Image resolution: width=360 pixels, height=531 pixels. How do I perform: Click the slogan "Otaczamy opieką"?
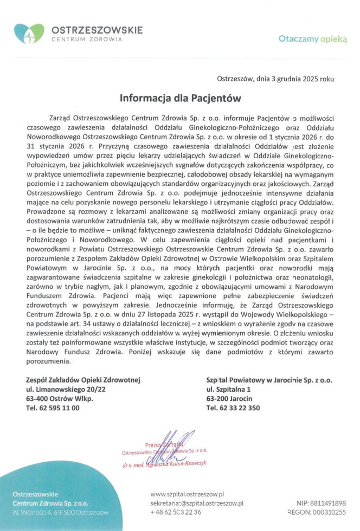click(312, 39)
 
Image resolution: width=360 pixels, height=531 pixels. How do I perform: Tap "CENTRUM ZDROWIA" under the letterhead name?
click(87, 39)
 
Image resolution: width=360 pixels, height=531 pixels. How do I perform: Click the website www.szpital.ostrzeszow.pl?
click(187, 494)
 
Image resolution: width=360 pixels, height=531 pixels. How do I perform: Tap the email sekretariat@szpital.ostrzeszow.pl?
click(197, 503)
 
